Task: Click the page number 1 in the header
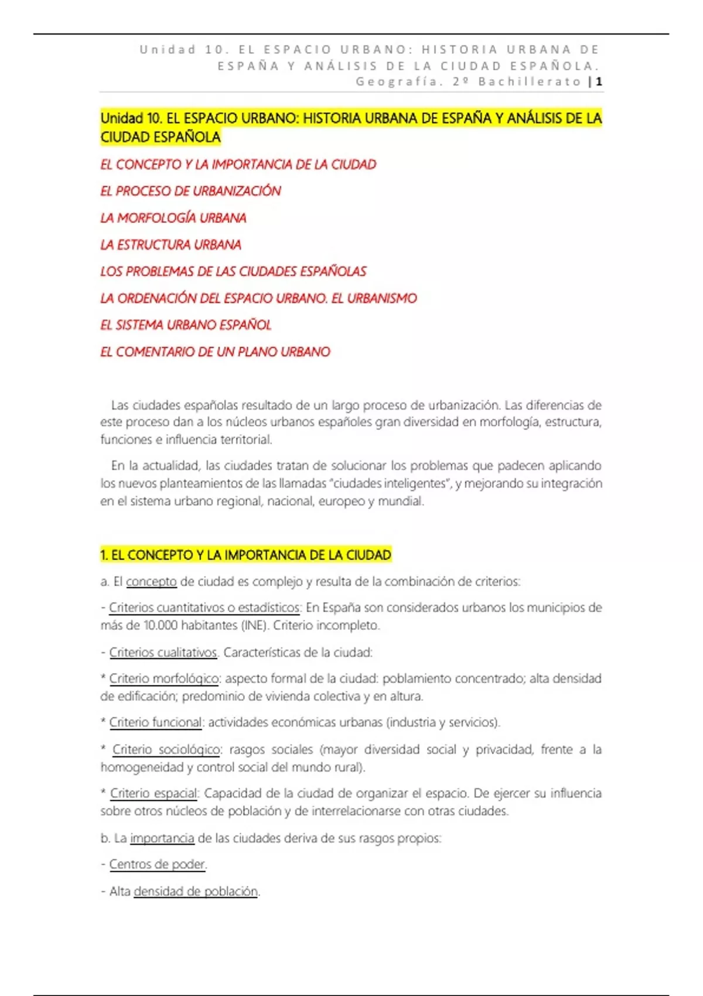click(x=599, y=82)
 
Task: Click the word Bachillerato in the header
click(x=530, y=82)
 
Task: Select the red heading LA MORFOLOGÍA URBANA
click(x=173, y=218)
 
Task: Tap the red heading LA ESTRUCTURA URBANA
click(x=170, y=245)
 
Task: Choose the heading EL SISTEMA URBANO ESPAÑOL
click(x=186, y=325)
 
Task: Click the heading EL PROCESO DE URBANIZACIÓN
click(x=190, y=191)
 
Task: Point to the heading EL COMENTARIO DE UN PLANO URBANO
click(x=215, y=352)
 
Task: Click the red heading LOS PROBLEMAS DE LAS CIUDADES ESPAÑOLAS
click(x=233, y=272)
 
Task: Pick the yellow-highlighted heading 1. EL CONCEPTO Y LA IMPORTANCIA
click(x=245, y=555)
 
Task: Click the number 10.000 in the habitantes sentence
click(x=160, y=626)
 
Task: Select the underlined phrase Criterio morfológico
click(x=164, y=678)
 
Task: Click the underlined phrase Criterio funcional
click(x=156, y=722)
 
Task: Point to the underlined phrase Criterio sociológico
click(x=166, y=749)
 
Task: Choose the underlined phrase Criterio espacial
click(x=154, y=793)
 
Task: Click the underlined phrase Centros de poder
click(x=157, y=864)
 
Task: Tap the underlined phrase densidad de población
click(x=196, y=891)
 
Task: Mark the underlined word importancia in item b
click(x=162, y=838)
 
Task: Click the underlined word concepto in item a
click(x=151, y=582)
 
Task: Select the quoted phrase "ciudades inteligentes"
click(x=391, y=483)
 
